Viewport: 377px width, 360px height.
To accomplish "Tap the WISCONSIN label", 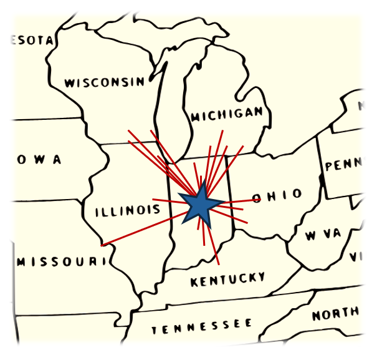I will [x=104, y=82].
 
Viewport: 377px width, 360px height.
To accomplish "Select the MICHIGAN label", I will [x=227, y=115].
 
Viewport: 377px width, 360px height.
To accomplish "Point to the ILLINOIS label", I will [x=128, y=211].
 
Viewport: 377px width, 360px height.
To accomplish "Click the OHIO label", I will [x=277, y=196].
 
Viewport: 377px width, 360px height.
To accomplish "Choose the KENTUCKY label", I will [x=228, y=280].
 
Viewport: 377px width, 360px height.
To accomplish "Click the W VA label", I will [x=323, y=235].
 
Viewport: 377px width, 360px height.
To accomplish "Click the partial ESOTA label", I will [x=31, y=41].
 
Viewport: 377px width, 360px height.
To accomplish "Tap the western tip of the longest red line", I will [x=102, y=245].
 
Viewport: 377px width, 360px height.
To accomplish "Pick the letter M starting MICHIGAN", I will [x=195, y=117].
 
